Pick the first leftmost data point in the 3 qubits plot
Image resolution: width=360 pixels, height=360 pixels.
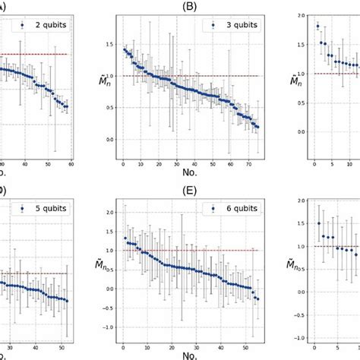click(x=124, y=49)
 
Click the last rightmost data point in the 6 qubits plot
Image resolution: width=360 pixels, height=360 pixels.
click(x=257, y=299)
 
